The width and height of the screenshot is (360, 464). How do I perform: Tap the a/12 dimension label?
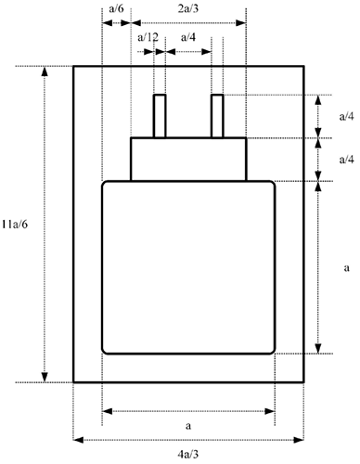[147, 38]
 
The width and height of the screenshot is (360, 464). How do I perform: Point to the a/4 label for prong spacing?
[187, 38]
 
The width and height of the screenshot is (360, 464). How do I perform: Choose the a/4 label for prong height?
[344, 116]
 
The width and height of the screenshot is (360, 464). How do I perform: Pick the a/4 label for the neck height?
[344, 159]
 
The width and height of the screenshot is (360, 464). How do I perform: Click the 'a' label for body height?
[345, 266]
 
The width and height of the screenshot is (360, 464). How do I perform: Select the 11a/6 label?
[17, 224]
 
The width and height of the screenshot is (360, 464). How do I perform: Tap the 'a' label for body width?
[188, 424]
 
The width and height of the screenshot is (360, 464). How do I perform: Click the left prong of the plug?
[159, 116]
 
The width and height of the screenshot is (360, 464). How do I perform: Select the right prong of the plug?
[217, 116]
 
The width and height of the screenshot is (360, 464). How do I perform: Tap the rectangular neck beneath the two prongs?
[188, 159]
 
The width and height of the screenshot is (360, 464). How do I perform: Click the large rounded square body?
[188, 267]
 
